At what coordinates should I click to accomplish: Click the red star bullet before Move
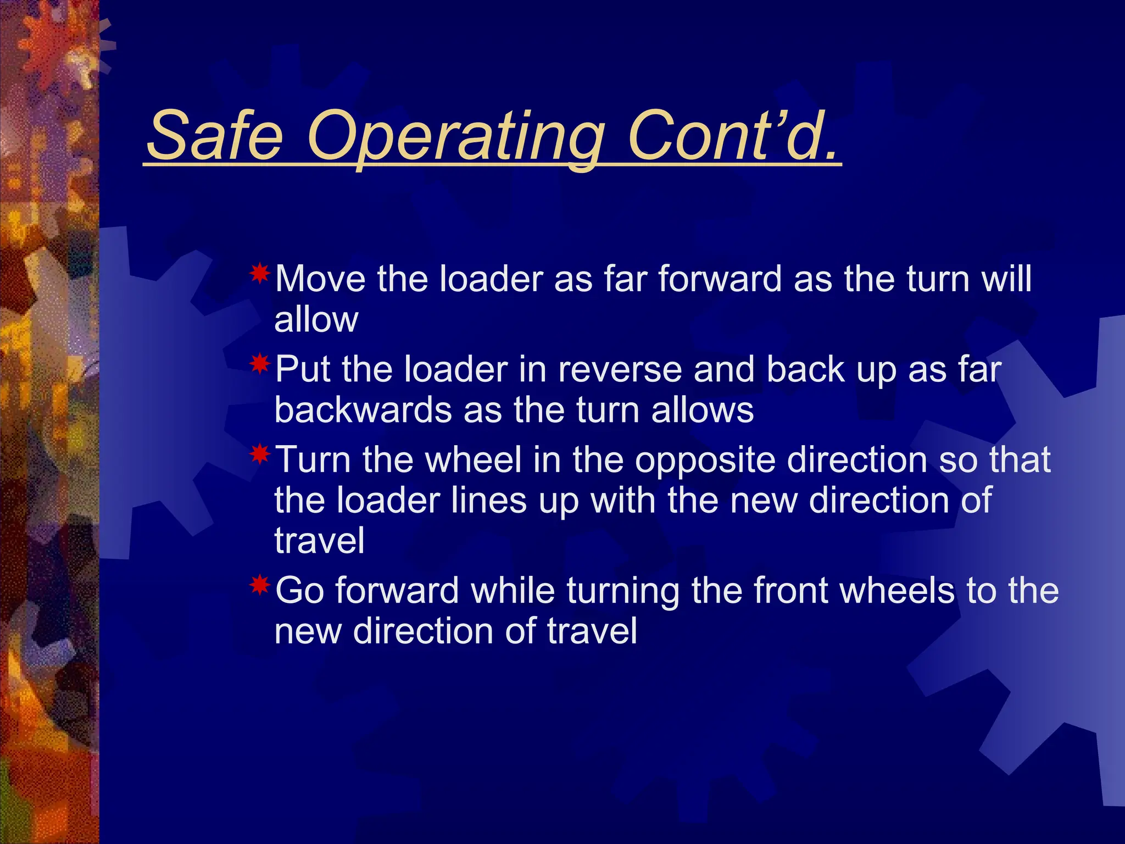pos(260,273)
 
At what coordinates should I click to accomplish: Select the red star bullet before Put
pos(260,364)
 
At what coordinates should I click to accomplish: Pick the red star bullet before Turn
pos(260,454)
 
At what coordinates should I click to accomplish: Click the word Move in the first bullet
pos(320,279)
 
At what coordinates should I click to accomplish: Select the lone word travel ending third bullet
pos(319,541)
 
